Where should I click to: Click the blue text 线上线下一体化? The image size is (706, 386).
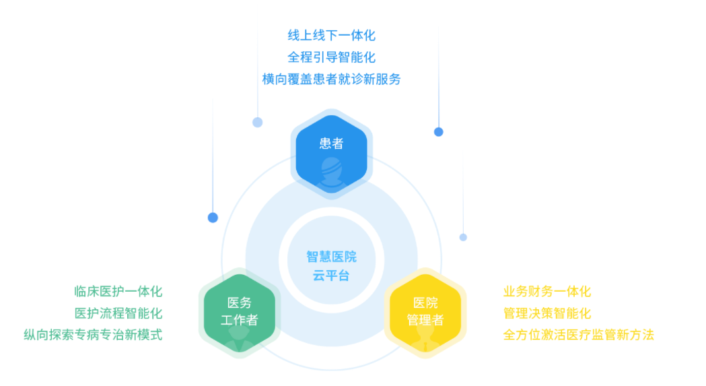pyautogui.click(x=331, y=35)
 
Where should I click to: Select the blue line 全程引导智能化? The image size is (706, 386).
pyautogui.click(x=331, y=57)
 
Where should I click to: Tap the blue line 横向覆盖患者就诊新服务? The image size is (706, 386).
pyautogui.click(x=331, y=79)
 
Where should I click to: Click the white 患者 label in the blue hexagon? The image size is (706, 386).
pyautogui.click(x=331, y=143)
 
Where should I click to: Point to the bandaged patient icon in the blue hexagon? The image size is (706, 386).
pyautogui.click(x=331, y=174)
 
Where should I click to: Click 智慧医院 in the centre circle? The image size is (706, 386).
pyautogui.click(x=331, y=257)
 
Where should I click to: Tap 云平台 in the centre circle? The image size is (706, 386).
pyautogui.click(x=331, y=276)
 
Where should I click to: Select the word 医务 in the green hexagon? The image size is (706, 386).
pyautogui.click(x=240, y=302)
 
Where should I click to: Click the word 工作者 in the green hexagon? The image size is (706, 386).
pyautogui.click(x=240, y=320)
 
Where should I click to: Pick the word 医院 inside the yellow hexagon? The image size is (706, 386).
pyautogui.click(x=425, y=302)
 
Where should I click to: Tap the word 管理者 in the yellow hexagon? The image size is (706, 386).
pyautogui.click(x=425, y=320)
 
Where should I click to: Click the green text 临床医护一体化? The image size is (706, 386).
pyautogui.click(x=118, y=291)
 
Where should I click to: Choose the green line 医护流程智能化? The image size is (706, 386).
pyautogui.click(x=118, y=313)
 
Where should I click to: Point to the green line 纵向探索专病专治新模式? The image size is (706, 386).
pyautogui.click(x=93, y=335)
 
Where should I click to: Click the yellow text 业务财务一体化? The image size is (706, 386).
pyautogui.click(x=547, y=291)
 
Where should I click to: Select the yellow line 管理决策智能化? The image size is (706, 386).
pyautogui.click(x=547, y=313)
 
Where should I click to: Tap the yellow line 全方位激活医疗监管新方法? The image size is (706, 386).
pyautogui.click(x=579, y=335)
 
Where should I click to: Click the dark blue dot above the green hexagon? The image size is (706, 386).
pyautogui.click(x=213, y=218)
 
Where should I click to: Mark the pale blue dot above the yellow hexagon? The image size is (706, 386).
pyautogui.click(x=463, y=237)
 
